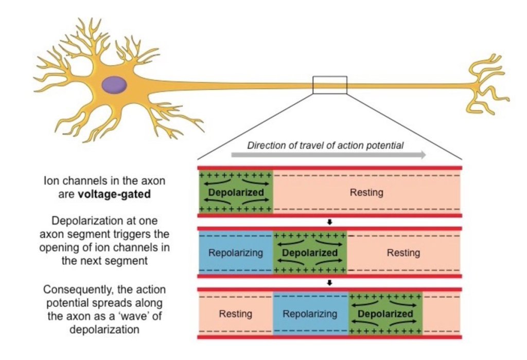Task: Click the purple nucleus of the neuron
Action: pyautogui.click(x=114, y=84)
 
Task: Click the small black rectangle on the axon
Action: pyautogui.click(x=330, y=85)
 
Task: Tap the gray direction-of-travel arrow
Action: pyautogui.click(x=329, y=155)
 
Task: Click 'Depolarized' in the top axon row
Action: pyautogui.click(x=236, y=193)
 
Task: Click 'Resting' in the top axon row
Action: pyautogui.click(x=366, y=193)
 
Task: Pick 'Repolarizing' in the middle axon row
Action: pyautogui.click(x=236, y=253)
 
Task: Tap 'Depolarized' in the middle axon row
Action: pyautogui.click(x=310, y=253)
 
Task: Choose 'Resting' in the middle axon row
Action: pyautogui.click(x=403, y=253)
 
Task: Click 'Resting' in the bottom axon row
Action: pyautogui.click(x=236, y=313)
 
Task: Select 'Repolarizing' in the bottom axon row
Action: pyautogui.click(x=310, y=313)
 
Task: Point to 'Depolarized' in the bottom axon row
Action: pyautogui.click(x=385, y=313)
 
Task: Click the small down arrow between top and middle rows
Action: pyautogui.click(x=330, y=222)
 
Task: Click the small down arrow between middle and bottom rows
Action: pyautogui.click(x=330, y=282)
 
